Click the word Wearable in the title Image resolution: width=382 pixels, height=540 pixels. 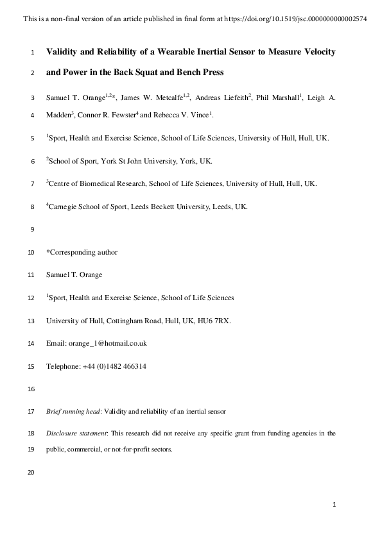(182, 51)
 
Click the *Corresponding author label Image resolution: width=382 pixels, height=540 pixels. (82, 252)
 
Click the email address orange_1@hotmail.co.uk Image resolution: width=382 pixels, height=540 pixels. (107, 343)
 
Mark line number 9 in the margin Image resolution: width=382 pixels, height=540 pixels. (32, 230)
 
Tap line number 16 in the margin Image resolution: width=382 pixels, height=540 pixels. (31, 389)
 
